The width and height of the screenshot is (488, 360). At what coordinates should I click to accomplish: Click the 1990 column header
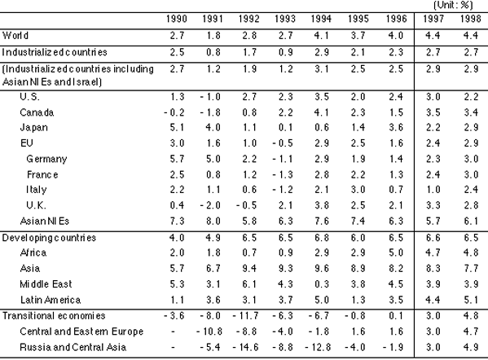click(177, 19)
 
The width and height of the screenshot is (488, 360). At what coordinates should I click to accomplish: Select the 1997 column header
click(433, 19)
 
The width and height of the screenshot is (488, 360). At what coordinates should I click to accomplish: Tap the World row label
click(15, 36)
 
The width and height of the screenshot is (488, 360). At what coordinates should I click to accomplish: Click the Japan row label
click(33, 128)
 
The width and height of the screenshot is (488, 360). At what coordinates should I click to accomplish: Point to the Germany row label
click(46, 159)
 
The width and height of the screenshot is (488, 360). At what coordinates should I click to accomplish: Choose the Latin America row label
click(51, 300)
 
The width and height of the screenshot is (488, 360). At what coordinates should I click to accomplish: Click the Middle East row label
click(46, 284)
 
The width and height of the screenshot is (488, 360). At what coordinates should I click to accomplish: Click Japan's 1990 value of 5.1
click(177, 128)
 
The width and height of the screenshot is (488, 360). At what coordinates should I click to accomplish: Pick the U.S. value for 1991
click(210, 97)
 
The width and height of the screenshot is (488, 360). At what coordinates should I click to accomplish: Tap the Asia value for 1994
click(322, 268)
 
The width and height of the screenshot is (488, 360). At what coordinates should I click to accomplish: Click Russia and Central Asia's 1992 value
click(246, 347)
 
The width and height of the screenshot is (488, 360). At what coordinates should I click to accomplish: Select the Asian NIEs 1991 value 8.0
click(213, 221)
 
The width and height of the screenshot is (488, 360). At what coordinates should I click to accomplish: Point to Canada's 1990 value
click(174, 112)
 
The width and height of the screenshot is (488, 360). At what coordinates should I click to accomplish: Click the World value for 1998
click(471, 36)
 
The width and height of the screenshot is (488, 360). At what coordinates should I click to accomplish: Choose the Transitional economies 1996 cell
click(396, 316)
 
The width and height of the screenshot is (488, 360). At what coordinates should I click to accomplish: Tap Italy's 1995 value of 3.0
click(358, 190)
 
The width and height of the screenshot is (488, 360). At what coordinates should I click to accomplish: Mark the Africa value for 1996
click(396, 252)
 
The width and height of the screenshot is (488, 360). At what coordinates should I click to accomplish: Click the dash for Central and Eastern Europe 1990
click(173, 331)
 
